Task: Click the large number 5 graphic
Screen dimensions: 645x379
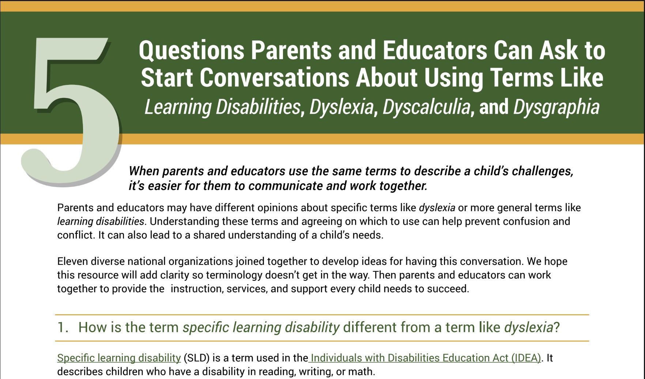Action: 69,110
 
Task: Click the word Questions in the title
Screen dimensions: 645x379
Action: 191,50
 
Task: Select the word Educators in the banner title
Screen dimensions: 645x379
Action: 435,50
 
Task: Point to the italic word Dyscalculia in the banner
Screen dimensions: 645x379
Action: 426,107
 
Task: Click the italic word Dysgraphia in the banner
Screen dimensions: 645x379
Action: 556,107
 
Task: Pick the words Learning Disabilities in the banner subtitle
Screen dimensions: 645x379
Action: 222,107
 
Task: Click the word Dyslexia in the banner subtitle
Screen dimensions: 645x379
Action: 341,107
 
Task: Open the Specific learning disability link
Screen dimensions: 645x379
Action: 119,358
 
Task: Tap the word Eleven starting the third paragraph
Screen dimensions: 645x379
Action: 72,262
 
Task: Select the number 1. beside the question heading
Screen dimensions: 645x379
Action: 63,327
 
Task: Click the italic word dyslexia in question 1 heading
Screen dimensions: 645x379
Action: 528,327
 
